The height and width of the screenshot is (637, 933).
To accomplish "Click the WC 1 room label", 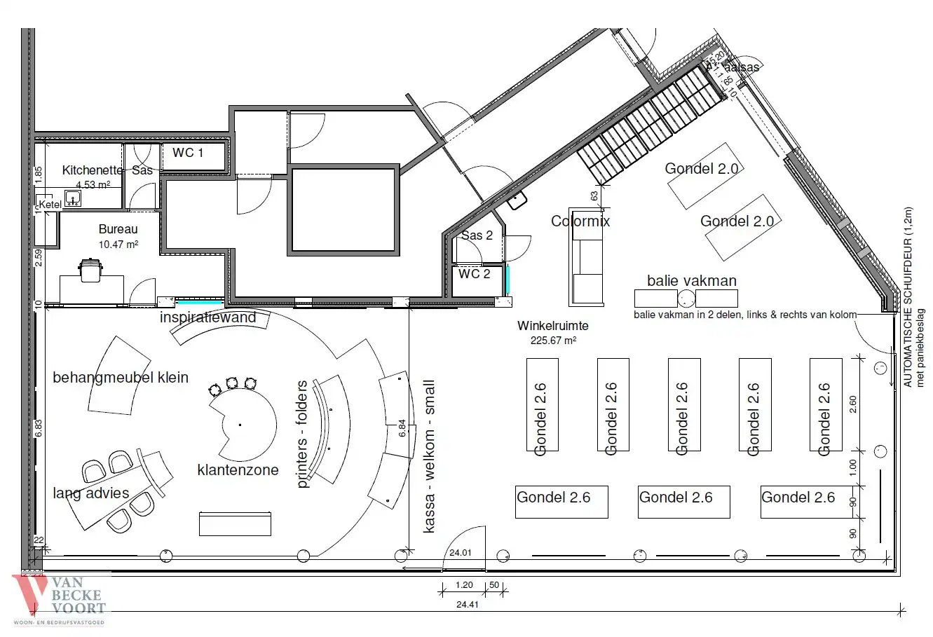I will click(x=187, y=153).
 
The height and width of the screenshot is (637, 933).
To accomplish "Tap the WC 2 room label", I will click(x=475, y=274).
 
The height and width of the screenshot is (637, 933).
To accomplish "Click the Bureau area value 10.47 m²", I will click(x=118, y=245).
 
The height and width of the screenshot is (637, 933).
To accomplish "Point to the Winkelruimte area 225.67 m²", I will click(x=553, y=341).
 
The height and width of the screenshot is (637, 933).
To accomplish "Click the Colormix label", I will click(x=580, y=221).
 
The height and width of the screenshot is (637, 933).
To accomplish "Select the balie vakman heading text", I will click(x=691, y=281).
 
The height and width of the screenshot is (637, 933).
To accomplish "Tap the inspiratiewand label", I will click(x=208, y=317).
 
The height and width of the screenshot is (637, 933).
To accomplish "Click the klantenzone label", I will click(x=238, y=470).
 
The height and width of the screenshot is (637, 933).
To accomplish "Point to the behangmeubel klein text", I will click(x=121, y=378).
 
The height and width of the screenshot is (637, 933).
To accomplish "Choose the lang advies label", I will click(x=91, y=493).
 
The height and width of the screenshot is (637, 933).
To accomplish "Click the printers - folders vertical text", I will click(x=302, y=434).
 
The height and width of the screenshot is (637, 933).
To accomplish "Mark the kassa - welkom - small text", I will click(x=429, y=457).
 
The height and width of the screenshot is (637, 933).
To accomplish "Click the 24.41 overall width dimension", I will click(x=467, y=605).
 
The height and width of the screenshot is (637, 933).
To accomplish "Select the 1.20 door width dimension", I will click(x=464, y=585).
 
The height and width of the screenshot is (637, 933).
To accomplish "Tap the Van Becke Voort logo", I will click(x=59, y=600).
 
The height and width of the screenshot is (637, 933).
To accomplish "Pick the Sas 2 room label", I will click(x=477, y=235).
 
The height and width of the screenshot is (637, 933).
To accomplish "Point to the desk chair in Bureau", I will click(x=90, y=270).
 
